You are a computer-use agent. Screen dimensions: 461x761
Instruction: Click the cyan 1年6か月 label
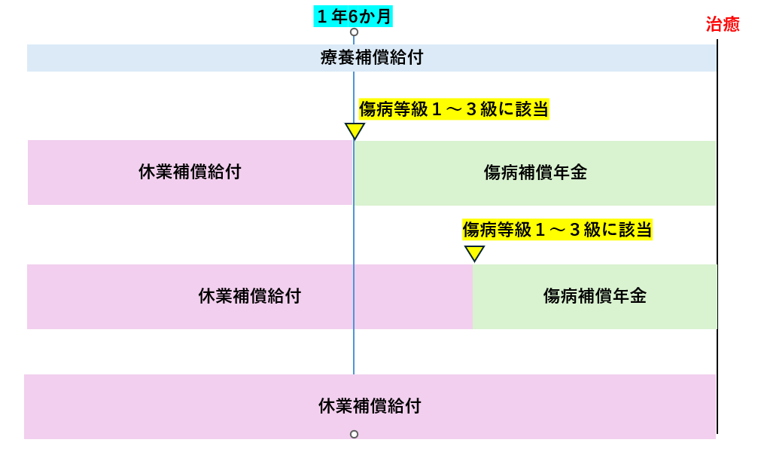[354, 16]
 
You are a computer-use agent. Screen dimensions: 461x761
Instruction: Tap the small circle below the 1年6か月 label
[354, 32]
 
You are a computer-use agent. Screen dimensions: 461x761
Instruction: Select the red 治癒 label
[722, 25]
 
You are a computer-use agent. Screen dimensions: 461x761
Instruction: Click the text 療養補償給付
[371, 58]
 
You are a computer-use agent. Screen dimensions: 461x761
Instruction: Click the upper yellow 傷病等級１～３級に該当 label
[453, 109]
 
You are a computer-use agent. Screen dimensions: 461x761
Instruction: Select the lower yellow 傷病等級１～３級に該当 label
[556, 229]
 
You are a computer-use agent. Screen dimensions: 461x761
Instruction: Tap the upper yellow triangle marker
[355, 131]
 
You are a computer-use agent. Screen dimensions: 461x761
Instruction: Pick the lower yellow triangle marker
[474, 253]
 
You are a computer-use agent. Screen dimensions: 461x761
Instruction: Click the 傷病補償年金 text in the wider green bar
[534, 172]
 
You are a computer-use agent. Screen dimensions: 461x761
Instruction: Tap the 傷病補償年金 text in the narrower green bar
[595, 296]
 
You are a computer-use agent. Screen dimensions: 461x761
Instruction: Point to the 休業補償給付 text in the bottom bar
[369, 407]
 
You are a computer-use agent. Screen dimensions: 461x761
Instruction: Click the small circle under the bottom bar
[354, 434]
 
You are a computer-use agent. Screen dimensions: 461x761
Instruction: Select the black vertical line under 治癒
[717, 226]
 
